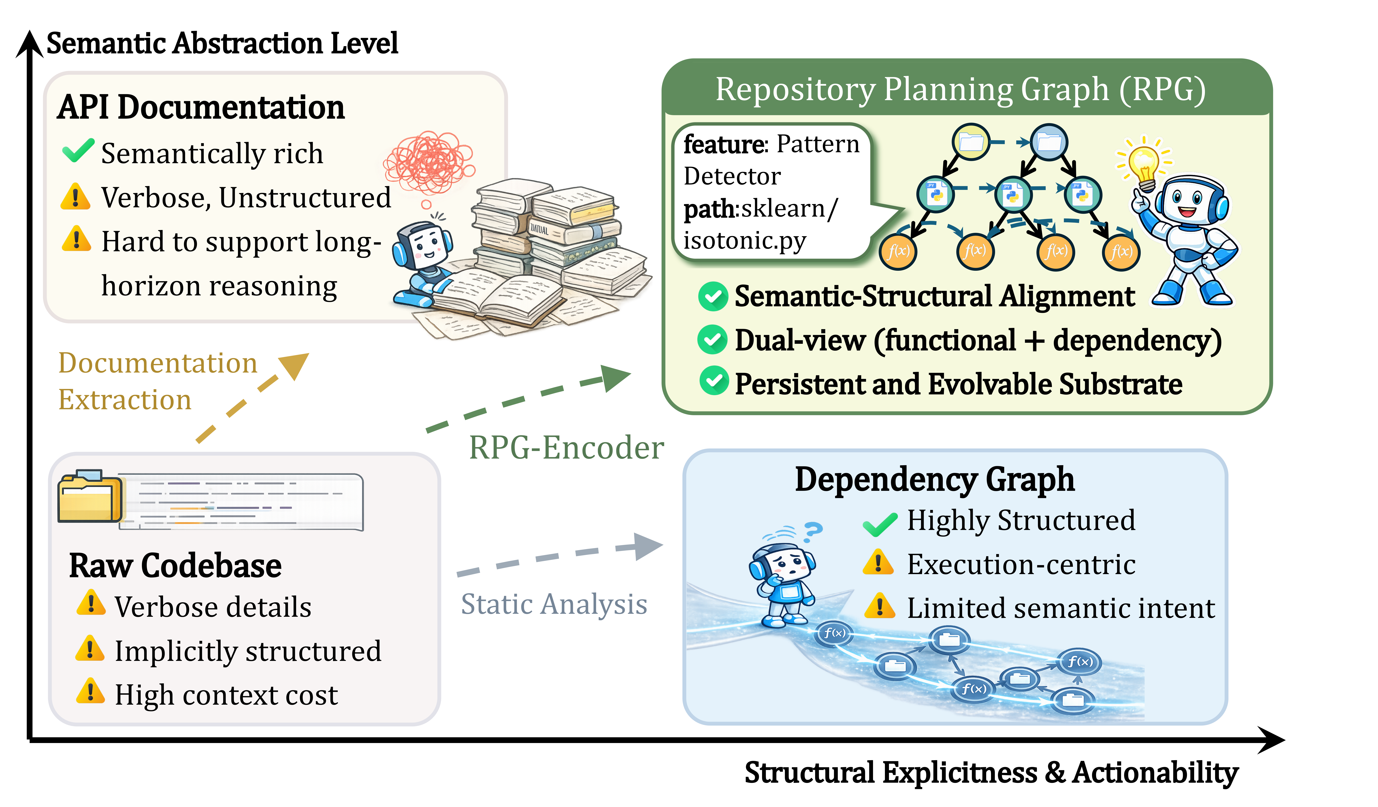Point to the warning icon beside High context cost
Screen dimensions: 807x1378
[90, 692]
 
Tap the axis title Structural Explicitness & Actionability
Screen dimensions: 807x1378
[991, 773]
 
